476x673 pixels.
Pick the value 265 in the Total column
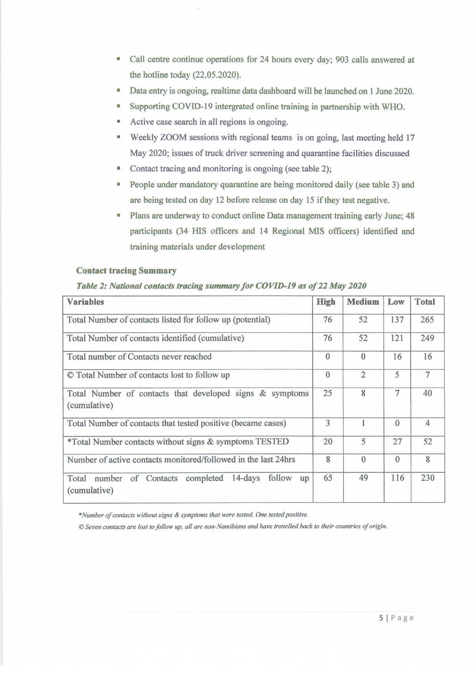[x=427, y=320]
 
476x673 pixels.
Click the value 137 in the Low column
[x=397, y=320]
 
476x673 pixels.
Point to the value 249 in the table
[x=427, y=338]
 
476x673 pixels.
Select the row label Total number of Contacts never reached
[x=139, y=357]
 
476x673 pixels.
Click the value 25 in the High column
[x=327, y=393]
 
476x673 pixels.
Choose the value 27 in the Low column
[x=397, y=442]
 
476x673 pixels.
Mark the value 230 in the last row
[x=427, y=478]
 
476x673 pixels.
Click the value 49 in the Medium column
[x=363, y=478]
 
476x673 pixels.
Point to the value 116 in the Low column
[x=397, y=478]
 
